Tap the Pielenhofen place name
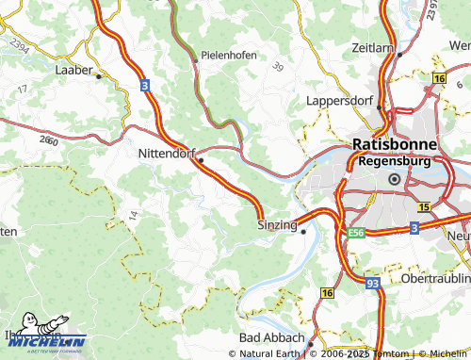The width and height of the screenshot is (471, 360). (x=228, y=56)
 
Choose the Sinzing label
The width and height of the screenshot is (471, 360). (x=277, y=225)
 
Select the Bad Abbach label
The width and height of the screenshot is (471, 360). (x=270, y=336)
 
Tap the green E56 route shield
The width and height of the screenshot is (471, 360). (x=355, y=231)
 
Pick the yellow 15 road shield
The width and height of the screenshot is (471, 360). (x=424, y=206)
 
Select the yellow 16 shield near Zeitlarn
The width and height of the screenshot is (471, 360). (x=438, y=77)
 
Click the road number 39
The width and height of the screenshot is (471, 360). (x=277, y=66)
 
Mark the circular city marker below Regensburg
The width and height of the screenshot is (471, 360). (x=394, y=179)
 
